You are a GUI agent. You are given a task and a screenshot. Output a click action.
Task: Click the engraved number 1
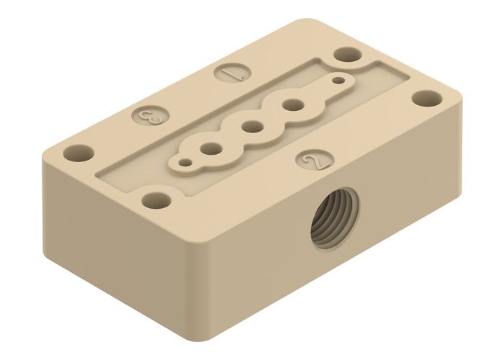[233, 73]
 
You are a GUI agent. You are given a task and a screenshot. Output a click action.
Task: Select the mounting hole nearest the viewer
[153, 199]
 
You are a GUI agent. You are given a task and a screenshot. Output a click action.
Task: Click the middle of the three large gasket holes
[251, 127]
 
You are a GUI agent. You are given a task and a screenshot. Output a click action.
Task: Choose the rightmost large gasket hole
[292, 105]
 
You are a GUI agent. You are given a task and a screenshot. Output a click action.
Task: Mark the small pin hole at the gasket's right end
[338, 81]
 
